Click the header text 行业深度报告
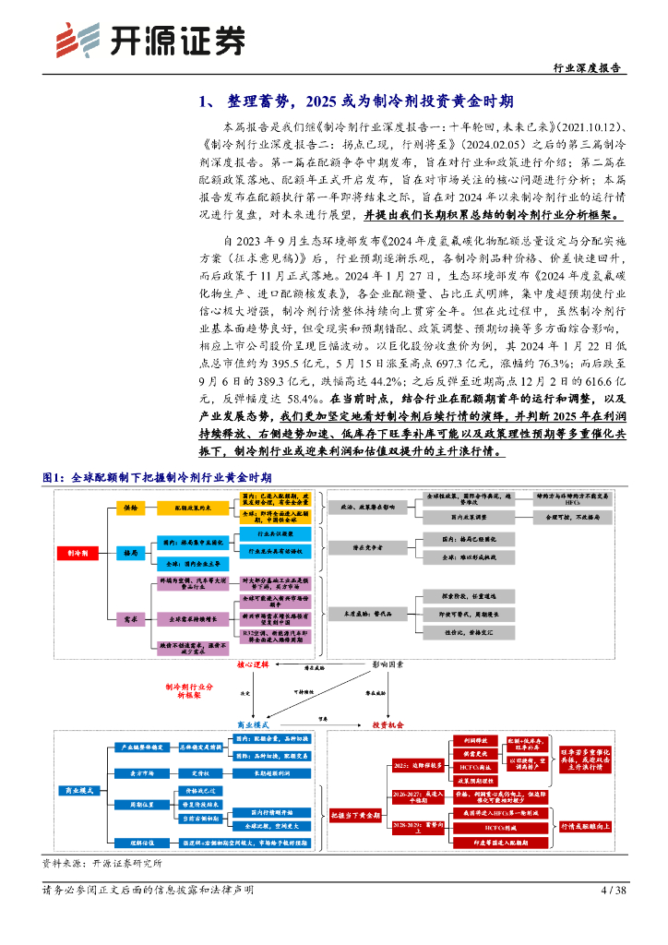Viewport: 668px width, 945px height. click(586, 68)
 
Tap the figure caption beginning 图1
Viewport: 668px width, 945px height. click(158, 477)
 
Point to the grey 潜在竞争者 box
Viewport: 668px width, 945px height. click(365, 546)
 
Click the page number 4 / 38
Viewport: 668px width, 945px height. click(613, 890)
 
